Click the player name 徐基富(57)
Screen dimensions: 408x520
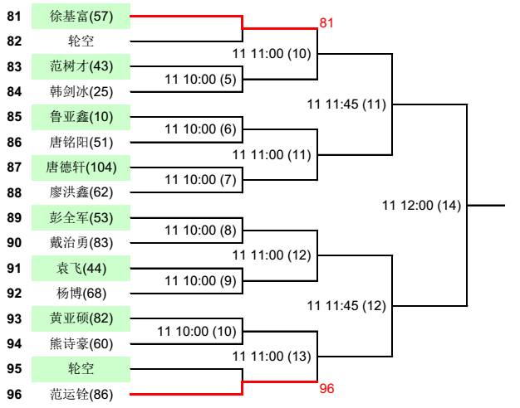(x=81, y=16)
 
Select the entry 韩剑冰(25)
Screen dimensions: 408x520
(x=81, y=91)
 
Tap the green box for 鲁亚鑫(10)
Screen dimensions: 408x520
(x=81, y=117)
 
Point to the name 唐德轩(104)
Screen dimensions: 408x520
(x=81, y=168)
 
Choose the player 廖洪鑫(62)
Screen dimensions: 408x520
(x=81, y=192)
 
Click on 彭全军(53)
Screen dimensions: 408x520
(x=81, y=218)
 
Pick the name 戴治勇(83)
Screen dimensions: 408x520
(x=81, y=243)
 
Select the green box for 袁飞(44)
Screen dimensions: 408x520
(x=81, y=268)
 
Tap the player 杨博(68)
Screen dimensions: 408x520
(x=81, y=294)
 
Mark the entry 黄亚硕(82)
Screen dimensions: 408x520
(x=81, y=318)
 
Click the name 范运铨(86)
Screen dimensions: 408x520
(x=81, y=395)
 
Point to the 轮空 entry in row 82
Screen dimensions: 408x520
(x=81, y=41)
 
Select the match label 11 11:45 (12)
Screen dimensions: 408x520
(x=346, y=306)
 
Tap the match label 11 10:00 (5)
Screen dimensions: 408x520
(x=201, y=80)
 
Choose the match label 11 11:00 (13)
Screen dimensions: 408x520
(x=272, y=357)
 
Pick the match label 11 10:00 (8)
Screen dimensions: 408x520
(x=201, y=231)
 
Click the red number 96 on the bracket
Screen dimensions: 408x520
(x=327, y=388)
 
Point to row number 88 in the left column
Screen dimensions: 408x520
(x=14, y=192)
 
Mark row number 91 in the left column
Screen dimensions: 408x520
(x=14, y=268)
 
